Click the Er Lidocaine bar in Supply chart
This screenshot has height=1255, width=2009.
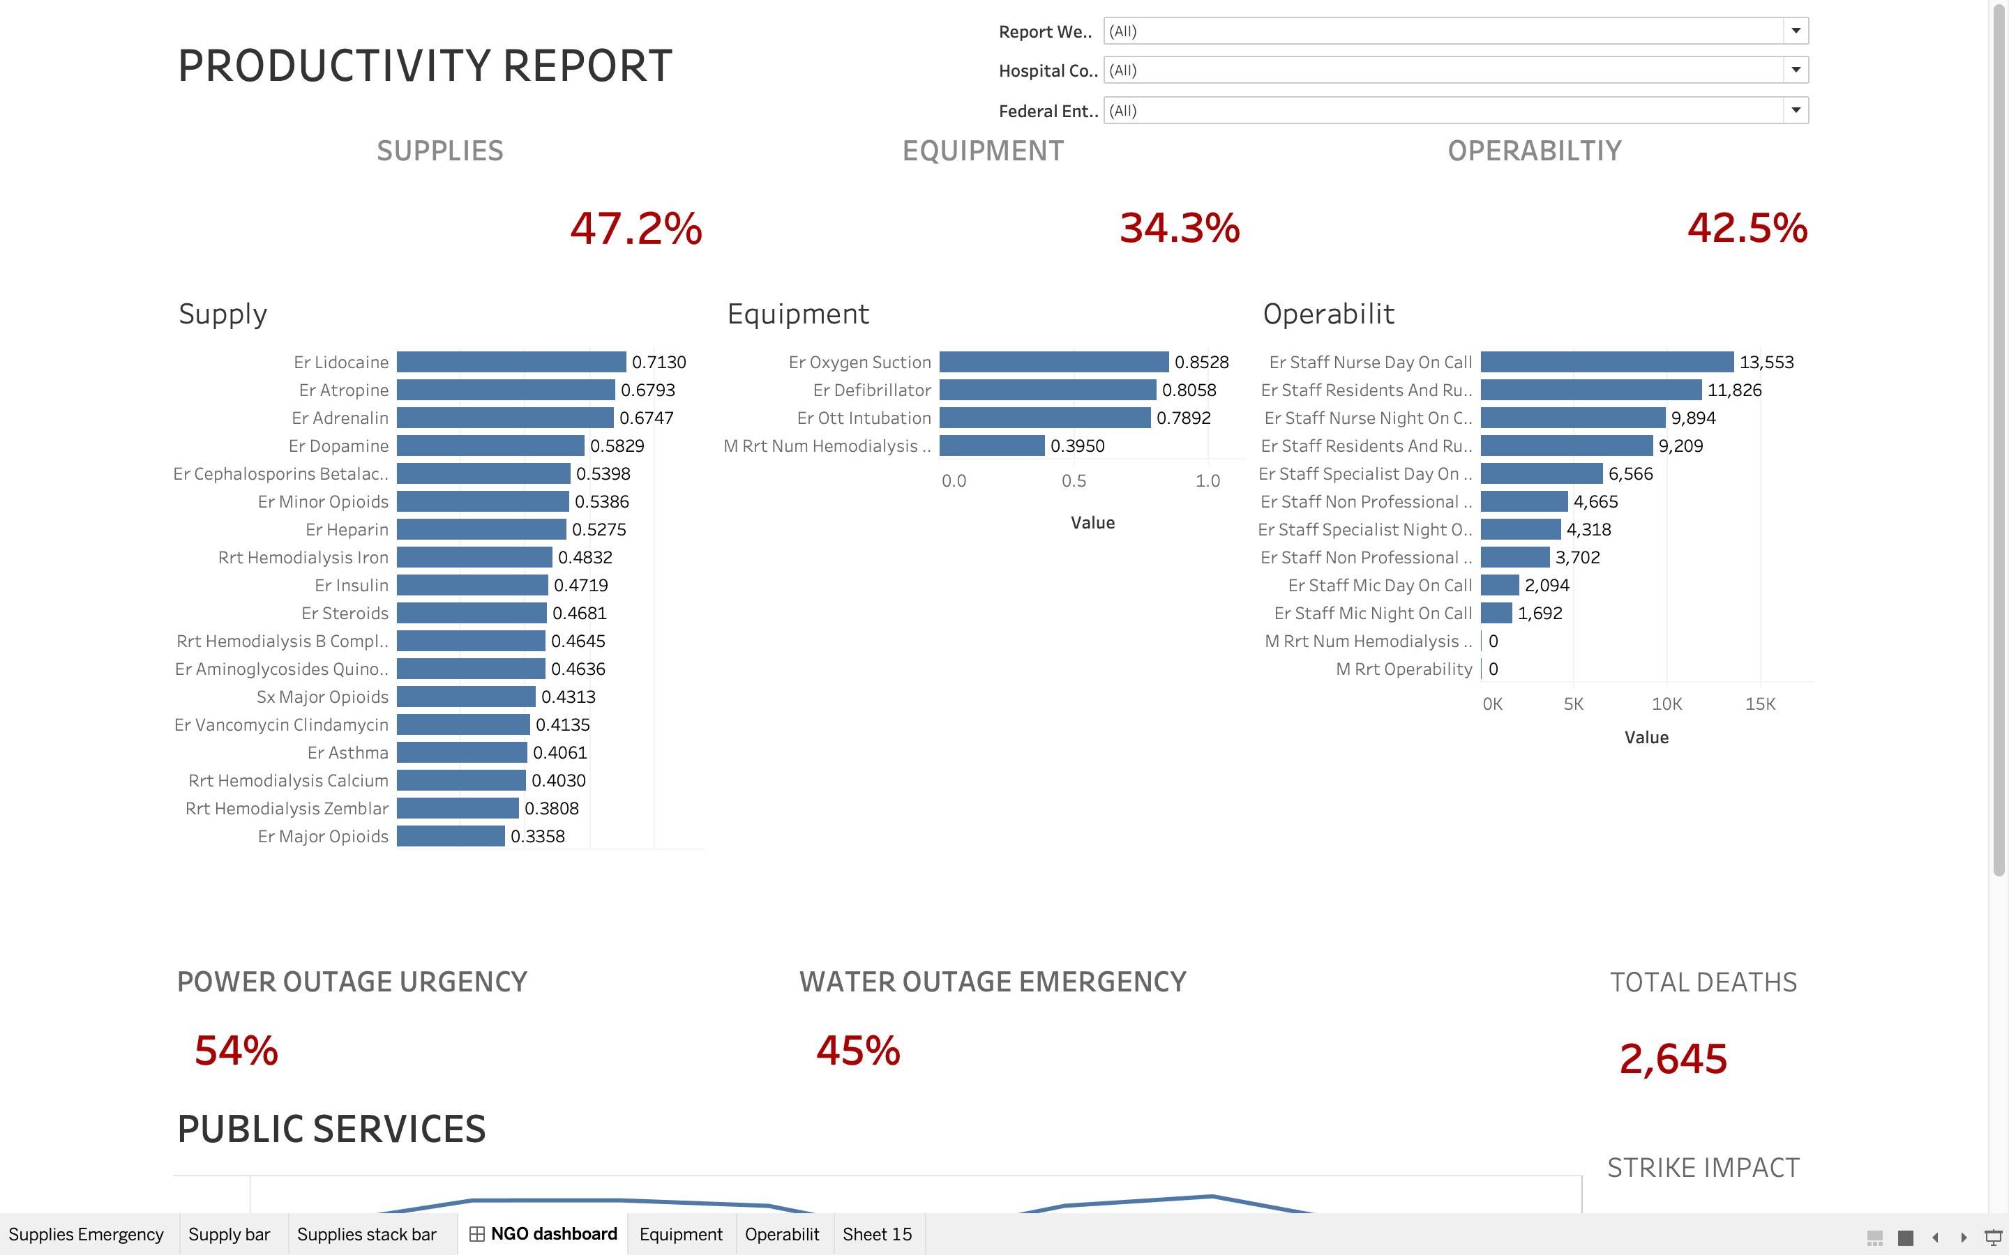click(511, 362)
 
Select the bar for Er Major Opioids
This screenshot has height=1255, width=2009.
click(450, 836)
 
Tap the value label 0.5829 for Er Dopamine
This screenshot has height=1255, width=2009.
click(617, 446)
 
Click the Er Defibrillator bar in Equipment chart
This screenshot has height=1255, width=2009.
click(1047, 390)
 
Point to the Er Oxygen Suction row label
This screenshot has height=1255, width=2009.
click(859, 362)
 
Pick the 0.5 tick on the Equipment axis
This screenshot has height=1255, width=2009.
click(1074, 480)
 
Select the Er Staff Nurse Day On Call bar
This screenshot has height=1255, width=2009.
click(1607, 362)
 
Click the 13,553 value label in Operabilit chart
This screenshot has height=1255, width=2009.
click(1766, 362)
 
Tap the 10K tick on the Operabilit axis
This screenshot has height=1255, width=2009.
click(1666, 704)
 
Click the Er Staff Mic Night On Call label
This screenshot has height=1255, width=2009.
click(1372, 614)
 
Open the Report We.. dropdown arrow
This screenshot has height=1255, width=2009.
click(1796, 31)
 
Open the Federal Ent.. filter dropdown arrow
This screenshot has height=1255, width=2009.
click(1796, 110)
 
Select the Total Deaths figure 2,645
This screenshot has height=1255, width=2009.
click(1673, 1059)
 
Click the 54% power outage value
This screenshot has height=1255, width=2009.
click(236, 1051)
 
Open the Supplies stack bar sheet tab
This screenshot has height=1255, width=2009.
click(366, 1234)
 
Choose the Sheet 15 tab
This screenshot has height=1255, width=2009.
click(877, 1234)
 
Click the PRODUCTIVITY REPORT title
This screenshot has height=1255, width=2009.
click(425, 66)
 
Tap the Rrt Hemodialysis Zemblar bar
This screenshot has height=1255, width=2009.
click(458, 809)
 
